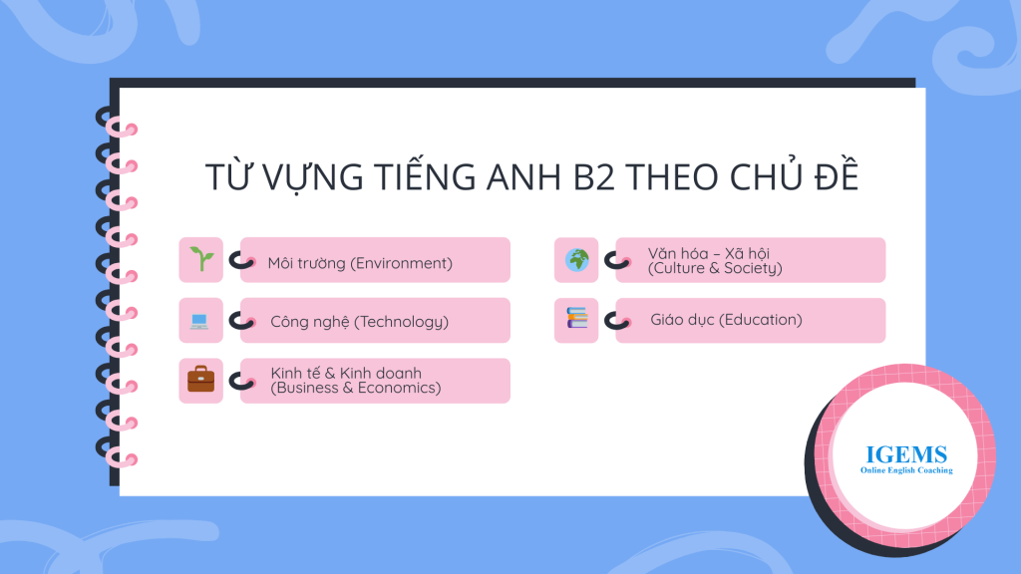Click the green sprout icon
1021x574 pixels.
pos(201,259)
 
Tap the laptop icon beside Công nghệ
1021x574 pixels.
pos(199,321)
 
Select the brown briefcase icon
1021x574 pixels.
pos(200,380)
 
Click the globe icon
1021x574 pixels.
pos(577,260)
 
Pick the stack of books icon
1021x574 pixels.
pos(577,318)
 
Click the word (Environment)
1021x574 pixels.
pos(401,263)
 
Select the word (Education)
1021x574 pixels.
pos(761,320)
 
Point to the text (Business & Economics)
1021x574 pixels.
pos(356,388)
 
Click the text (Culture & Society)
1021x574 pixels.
pos(715,268)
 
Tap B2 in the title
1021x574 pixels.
pos(594,177)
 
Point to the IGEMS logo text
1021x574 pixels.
pos(906,454)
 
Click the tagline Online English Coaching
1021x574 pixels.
pos(906,470)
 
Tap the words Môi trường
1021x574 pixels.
pos(307,263)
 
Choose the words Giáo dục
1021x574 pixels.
pos(682,320)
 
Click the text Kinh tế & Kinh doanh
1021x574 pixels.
pos(346,373)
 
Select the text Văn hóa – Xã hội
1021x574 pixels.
pos(709,253)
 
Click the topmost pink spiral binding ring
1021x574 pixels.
pos(123,128)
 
